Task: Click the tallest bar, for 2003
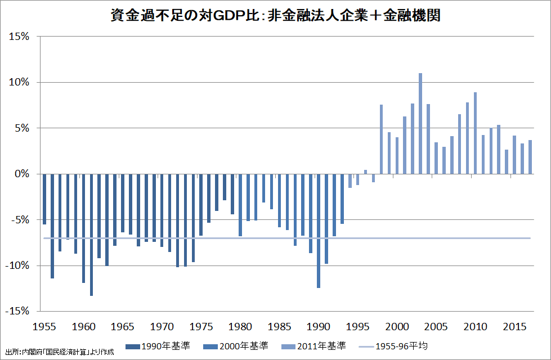tap(420, 123)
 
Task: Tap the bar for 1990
tap(319, 231)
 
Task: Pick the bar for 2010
tap(475, 133)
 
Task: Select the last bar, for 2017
tap(530, 157)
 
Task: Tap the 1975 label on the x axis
tap(201, 326)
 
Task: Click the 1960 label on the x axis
tap(84, 326)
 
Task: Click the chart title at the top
tap(275, 15)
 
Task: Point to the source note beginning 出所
tap(59, 352)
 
